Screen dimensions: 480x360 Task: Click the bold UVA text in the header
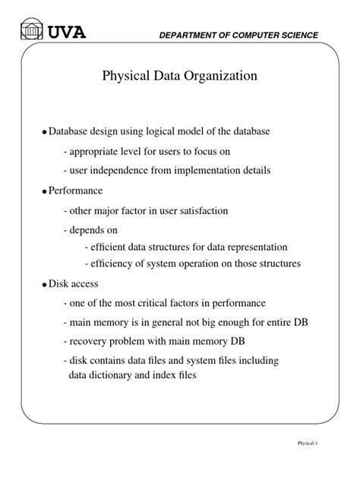(x=67, y=32)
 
